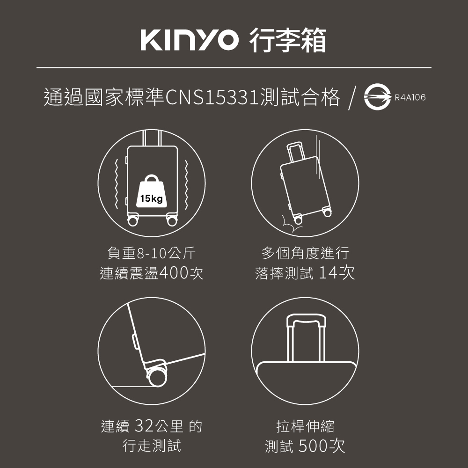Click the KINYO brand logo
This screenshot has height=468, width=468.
click(190, 40)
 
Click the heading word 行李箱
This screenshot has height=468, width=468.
click(287, 40)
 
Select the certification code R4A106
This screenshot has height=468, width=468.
click(410, 97)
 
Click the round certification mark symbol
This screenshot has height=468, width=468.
click(377, 97)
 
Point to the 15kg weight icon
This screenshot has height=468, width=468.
click(152, 191)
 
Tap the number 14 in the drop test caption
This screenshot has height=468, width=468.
click(328, 272)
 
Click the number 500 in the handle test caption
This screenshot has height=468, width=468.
click(313, 446)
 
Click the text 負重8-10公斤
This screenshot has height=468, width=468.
click(152, 253)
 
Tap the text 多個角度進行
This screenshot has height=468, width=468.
click(305, 253)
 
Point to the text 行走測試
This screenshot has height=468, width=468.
click(152, 446)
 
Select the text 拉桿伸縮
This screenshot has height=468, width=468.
click(305, 426)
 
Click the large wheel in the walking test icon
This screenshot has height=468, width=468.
click(157, 377)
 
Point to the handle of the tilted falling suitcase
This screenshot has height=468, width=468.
click(296, 152)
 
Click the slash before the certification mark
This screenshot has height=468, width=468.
click(352, 98)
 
